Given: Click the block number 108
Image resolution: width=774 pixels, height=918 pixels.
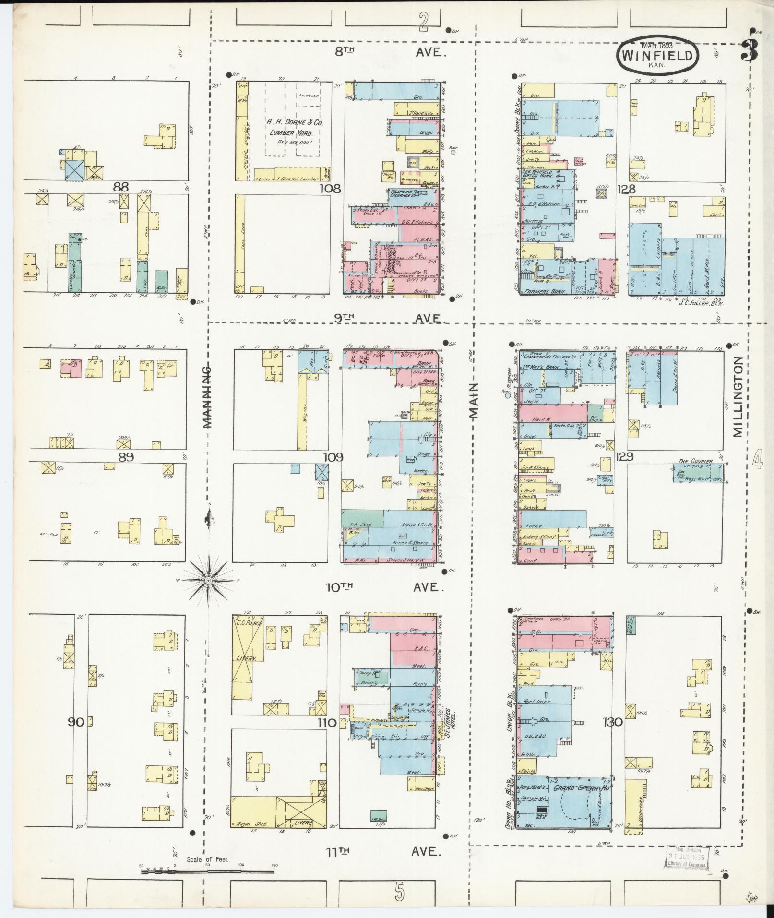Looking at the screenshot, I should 331,189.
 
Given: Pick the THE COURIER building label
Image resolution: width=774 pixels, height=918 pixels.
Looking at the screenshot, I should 695,461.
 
